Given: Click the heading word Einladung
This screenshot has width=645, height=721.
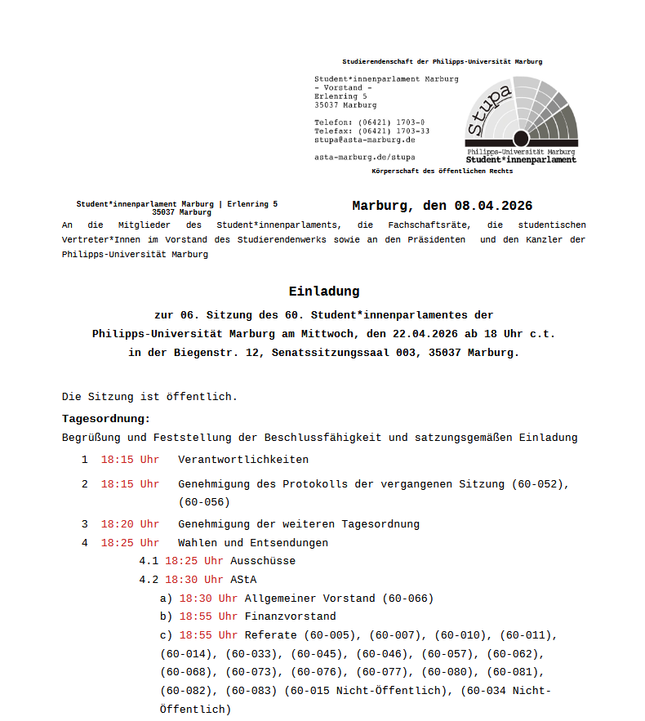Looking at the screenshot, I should click(323, 292).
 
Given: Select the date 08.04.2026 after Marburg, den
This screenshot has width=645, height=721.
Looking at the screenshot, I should click(493, 206).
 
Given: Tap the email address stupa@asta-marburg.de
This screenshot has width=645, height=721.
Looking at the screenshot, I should click(364, 140).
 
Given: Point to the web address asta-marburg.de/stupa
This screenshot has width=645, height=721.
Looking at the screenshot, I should click(364, 157).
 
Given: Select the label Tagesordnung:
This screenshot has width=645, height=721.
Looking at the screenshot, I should click(106, 419).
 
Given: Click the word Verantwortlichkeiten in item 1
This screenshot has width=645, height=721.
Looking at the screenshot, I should click(243, 460).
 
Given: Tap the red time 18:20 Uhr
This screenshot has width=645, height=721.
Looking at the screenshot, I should click(130, 524).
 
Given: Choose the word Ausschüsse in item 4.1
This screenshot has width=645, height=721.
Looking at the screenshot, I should click(263, 561).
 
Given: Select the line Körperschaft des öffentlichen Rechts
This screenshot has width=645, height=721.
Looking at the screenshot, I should click(442, 171).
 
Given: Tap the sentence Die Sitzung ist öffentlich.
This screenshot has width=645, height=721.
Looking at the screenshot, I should click(149, 397).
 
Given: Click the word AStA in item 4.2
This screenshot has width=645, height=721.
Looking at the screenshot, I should click(243, 580).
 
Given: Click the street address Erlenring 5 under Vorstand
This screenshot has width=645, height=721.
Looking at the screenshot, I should click(340, 96).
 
